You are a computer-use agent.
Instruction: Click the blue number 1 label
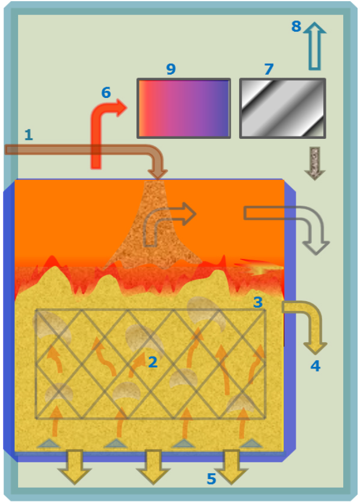(28, 135)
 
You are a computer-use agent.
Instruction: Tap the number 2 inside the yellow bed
(153, 362)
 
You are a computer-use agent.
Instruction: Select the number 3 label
(258, 302)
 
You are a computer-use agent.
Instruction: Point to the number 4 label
(316, 366)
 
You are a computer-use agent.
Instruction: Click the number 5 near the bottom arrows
(211, 479)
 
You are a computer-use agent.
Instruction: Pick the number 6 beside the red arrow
(106, 93)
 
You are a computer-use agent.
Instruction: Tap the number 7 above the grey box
(269, 69)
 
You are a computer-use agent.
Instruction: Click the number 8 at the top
(296, 26)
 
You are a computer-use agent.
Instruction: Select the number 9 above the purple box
(171, 69)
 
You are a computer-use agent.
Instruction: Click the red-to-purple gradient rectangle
(184, 108)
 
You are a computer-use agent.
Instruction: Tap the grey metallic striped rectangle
(282, 108)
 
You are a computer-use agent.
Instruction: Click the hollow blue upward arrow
(314, 46)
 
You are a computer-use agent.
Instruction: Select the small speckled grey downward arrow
(315, 164)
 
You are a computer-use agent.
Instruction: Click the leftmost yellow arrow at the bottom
(75, 467)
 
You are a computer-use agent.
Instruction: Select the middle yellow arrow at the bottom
(153, 467)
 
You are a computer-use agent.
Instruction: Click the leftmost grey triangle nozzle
(48, 444)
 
